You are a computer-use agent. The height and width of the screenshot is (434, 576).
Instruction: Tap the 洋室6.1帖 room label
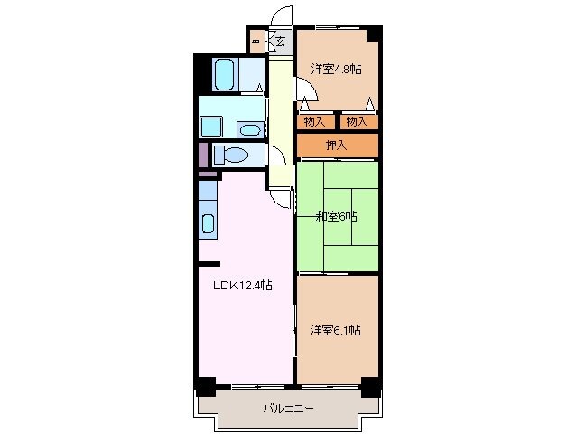point(336,331)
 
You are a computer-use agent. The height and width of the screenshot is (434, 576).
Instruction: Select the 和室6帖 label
point(336,216)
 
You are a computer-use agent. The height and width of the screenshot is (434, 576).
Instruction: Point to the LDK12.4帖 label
point(242,286)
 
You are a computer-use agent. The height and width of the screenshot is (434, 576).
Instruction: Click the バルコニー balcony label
point(288,409)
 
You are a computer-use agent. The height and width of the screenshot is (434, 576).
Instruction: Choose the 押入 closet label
point(336,145)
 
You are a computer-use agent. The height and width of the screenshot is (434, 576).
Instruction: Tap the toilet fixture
point(232,156)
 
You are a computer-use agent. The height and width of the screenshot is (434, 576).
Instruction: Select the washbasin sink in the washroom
point(248,129)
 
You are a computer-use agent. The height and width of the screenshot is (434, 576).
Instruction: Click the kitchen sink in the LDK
point(209,223)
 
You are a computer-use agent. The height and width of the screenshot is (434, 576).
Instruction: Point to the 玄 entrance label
point(280,41)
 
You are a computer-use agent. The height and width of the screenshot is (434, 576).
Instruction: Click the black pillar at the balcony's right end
point(369,389)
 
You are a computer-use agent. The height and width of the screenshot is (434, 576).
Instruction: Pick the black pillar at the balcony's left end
point(206,389)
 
